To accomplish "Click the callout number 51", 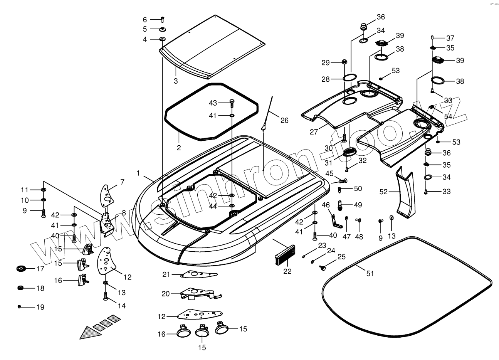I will point(370,273).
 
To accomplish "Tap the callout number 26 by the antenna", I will point(284,120).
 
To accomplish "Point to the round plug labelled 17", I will point(22,269).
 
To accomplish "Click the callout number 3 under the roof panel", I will point(176,81).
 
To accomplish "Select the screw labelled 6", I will point(162,19).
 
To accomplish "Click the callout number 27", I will point(314,132).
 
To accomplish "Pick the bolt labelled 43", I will point(232,103).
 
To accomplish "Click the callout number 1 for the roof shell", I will point(138,173).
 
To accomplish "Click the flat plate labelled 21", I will point(199,274).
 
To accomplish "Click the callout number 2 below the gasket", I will point(179,148).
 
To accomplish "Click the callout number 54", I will point(448,116).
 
